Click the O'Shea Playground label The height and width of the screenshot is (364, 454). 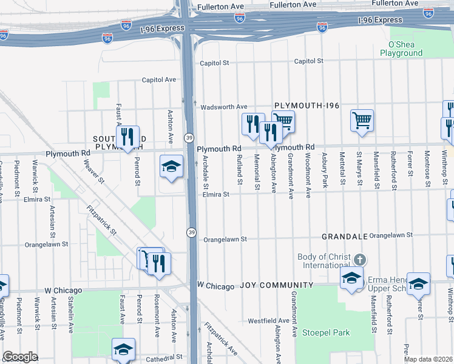coord(401,49)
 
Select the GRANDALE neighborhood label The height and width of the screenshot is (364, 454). coord(344,235)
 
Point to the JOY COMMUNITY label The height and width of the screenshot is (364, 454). coord(276,285)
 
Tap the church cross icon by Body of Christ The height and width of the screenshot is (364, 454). coord(360,260)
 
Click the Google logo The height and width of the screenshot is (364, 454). coord(20,357)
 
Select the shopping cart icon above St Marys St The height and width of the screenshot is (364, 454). coord(362,120)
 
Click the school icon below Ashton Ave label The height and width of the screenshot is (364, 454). coord(172,166)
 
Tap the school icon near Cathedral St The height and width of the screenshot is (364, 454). coord(123,349)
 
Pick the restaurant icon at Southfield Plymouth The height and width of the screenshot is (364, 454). coord(127,136)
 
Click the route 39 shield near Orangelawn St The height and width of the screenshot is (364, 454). coord(191,232)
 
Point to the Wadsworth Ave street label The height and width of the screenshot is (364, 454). coord(225,106)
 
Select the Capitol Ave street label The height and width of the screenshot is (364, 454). coord(158,79)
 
